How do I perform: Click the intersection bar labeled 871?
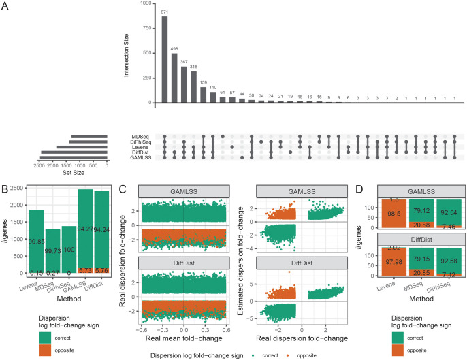164,59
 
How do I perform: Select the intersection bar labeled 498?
174,78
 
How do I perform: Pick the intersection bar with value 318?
194,87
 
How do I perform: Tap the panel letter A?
5,5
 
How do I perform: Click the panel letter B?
5,184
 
